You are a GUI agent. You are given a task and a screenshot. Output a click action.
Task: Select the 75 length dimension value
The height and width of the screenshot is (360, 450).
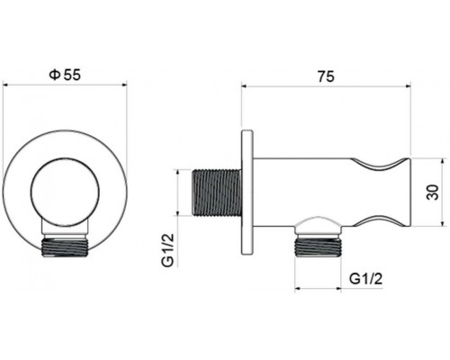pos(326,77)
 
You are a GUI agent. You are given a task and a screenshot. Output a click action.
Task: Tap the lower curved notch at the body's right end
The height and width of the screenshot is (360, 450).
pos(382,218)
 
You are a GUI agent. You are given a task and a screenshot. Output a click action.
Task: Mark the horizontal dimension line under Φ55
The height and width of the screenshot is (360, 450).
pos(64,85)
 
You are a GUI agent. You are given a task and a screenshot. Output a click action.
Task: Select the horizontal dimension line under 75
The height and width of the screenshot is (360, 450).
pos(326,87)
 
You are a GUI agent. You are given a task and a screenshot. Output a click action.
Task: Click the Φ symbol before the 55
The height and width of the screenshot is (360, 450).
pos(54,76)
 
